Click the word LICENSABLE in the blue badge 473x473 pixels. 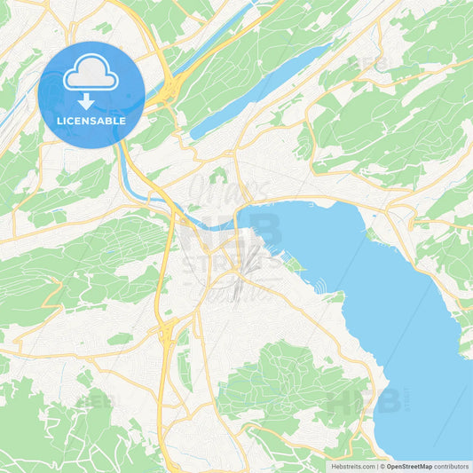click(91, 121)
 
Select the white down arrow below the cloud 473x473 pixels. click(91, 100)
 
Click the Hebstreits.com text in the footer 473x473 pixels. click(351, 466)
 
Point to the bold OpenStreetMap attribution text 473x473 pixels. click(408, 466)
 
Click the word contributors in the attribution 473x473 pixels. click(453, 466)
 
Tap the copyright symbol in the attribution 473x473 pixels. click(382, 466)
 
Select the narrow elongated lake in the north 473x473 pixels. click(257, 89)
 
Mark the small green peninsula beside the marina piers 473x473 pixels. click(292, 264)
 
